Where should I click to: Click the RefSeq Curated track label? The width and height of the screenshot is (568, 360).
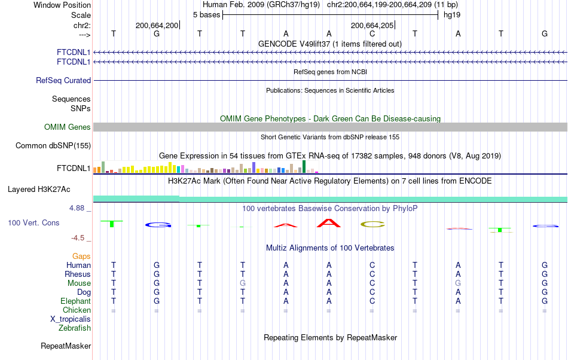click(63, 80)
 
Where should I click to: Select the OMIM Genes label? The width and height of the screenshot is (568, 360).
click(68, 127)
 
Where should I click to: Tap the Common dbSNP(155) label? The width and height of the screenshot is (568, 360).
click(53, 145)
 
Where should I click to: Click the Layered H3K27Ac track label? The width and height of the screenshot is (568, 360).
click(39, 189)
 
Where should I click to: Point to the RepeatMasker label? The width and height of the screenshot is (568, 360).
click(66, 346)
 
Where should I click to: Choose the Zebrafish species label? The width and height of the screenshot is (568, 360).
click(75, 328)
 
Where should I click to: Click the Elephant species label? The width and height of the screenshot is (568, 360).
click(75, 301)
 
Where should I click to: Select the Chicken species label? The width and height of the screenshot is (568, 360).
click(77, 310)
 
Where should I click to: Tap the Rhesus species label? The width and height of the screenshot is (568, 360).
click(78, 274)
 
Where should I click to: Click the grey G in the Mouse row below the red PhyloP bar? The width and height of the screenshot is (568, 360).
click(458, 283)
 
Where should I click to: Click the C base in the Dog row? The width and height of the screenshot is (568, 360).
click(372, 292)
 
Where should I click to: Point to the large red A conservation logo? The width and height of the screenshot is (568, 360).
click(329, 223)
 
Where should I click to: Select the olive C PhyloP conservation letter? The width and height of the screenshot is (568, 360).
click(372, 224)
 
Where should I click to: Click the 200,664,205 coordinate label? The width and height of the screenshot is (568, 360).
click(372, 25)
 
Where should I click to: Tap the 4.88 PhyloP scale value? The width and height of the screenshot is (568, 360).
click(80, 208)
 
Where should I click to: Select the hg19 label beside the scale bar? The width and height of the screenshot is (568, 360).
click(451, 14)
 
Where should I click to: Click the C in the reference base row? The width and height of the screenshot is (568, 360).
click(372, 33)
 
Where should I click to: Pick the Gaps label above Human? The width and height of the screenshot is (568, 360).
click(81, 256)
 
